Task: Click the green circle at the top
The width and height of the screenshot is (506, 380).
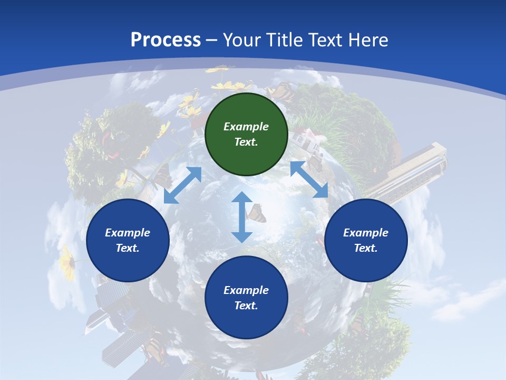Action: tap(246, 134)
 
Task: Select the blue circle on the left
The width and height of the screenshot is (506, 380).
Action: tap(128, 240)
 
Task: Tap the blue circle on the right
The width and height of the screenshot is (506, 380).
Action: tap(366, 240)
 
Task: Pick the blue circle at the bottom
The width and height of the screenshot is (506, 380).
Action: tap(246, 298)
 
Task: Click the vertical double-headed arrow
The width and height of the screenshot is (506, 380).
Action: tap(242, 217)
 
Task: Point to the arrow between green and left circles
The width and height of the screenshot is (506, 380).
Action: tap(182, 185)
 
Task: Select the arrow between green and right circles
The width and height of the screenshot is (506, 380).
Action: tap(309, 179)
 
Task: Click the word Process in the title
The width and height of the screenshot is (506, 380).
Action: tap(166, 40)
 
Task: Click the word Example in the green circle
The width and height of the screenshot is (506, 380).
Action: tap(246, 127)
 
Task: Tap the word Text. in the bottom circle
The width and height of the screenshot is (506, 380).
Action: tap(246, 306)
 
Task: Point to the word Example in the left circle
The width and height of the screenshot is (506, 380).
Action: tap(128, 233)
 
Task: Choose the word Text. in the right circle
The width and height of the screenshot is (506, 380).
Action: tap(366, 248)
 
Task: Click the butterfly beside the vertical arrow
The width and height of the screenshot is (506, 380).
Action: tap(257, 213)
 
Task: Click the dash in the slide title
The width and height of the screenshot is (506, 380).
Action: tap(212, 40)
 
